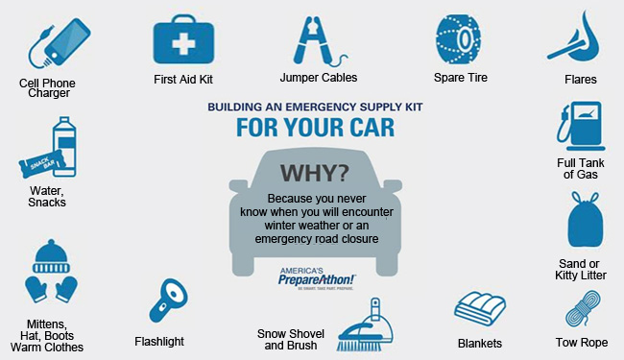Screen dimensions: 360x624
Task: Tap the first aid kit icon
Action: tap(182, 38)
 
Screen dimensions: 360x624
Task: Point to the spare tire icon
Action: tap(458, 39)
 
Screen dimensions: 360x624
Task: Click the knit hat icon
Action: tap(53, 254)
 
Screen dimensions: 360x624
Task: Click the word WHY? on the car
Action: tap(314, 173)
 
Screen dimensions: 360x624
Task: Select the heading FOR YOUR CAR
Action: tap(313, 128)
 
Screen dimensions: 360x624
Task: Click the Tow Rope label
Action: tap(581, 342)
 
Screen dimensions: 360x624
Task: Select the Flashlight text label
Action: tap(159, 341)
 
